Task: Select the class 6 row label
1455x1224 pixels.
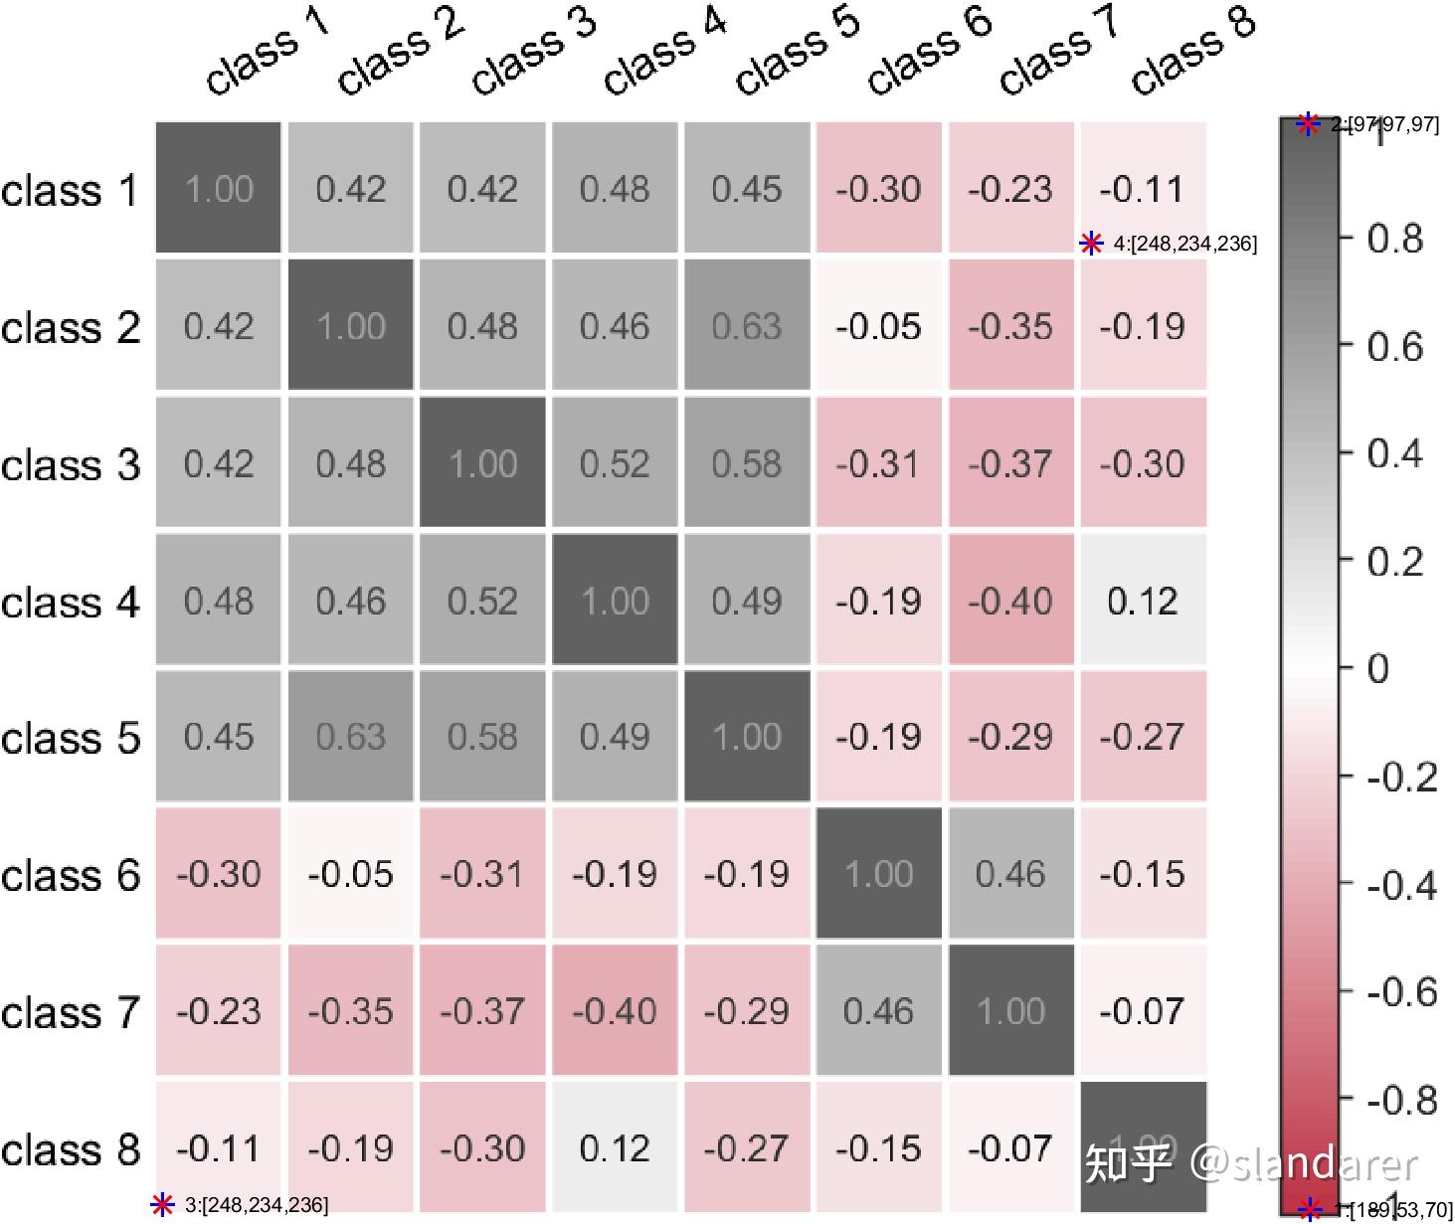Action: point(71,875)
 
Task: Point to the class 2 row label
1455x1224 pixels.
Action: point(71,327)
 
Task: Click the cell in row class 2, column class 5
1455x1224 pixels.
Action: point(747,326)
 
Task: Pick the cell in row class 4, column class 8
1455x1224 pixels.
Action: point(1143,601)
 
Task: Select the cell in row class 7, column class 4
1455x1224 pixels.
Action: point(615,1011)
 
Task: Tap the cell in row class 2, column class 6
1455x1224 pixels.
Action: point(879,326)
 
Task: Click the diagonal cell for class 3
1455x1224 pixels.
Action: point(482,463)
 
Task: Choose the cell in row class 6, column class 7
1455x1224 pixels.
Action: point(1010,874)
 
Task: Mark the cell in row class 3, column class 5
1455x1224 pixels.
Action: point(747,463)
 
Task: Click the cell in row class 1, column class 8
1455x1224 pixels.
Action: point(1143,189)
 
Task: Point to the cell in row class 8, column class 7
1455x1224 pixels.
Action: point(1010,1148)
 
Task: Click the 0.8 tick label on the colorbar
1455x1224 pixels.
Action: point(1395,239)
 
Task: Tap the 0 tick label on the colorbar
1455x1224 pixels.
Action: point(1378,668)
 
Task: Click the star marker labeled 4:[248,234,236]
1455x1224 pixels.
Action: point(1092,244)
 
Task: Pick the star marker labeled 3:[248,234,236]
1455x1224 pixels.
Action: point(162,1205)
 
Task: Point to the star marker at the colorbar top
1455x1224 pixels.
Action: point(1309,124)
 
